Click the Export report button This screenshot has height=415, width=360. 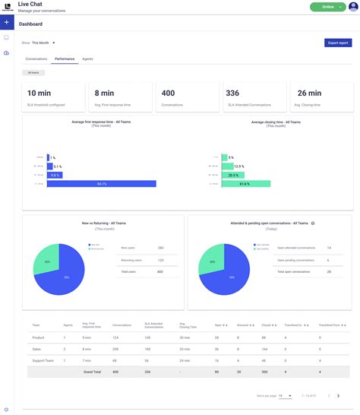[337, 43]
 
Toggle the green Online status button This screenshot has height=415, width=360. [327, 7]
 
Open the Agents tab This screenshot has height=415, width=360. [88, 59]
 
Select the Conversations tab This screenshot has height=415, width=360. [36, 59]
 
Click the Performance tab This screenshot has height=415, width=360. [65, 59]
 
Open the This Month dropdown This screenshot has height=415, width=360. [44, 43]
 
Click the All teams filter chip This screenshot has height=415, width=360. [33, 72]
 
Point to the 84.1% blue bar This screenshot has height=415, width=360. [101, 183]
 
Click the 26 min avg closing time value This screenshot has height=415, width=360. [309, 93]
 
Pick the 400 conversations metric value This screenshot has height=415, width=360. [168, 93]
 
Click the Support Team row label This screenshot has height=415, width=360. [43, 360]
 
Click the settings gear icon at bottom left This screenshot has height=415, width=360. [6, 409]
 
